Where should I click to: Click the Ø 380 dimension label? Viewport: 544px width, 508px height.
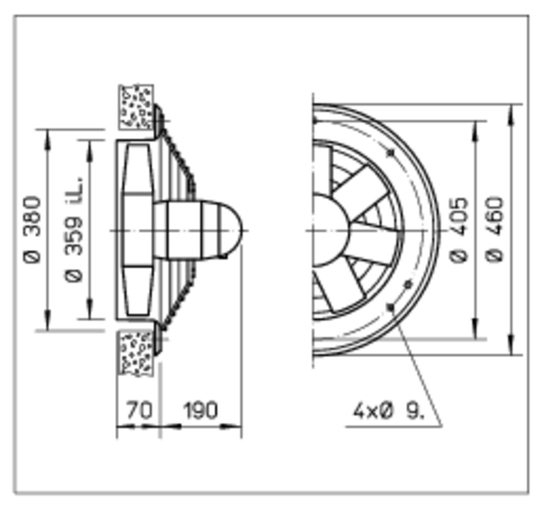(x=32, y=230)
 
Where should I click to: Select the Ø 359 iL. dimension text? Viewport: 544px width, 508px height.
(x=74, y=230)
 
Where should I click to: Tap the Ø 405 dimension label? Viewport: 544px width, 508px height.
(x=459, y=230)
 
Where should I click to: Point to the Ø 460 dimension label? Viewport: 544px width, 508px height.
(x=494, y=230)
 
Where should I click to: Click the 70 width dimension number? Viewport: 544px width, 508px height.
(x=139, y=410)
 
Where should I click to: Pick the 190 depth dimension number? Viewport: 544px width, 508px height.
(x=201, y=410)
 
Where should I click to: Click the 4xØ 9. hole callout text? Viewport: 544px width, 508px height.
(x=388, y=412)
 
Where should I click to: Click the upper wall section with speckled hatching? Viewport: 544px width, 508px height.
(x=136, y=107)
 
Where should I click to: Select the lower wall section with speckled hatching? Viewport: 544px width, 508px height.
(x=136, y=354)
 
